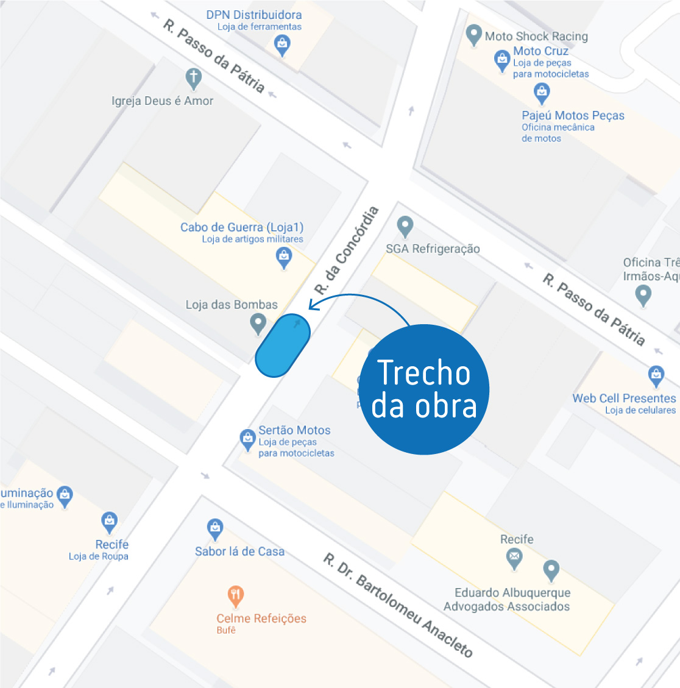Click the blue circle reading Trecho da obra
pos(424,389)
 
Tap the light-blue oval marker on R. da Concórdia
pos(283,345)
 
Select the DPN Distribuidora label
pos(253,15)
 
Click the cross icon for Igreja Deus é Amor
pos(193,77)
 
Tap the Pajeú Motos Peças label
pos(573,115)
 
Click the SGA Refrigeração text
pos(433,249)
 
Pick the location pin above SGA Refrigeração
pos(405,226)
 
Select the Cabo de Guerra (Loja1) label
pos(242,227)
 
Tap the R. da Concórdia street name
pos(346,250)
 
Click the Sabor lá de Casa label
pos(239,551)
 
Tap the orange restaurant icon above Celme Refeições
pos(235,595)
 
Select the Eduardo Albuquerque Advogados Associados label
pos(507,599)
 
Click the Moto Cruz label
pos(540,51)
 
